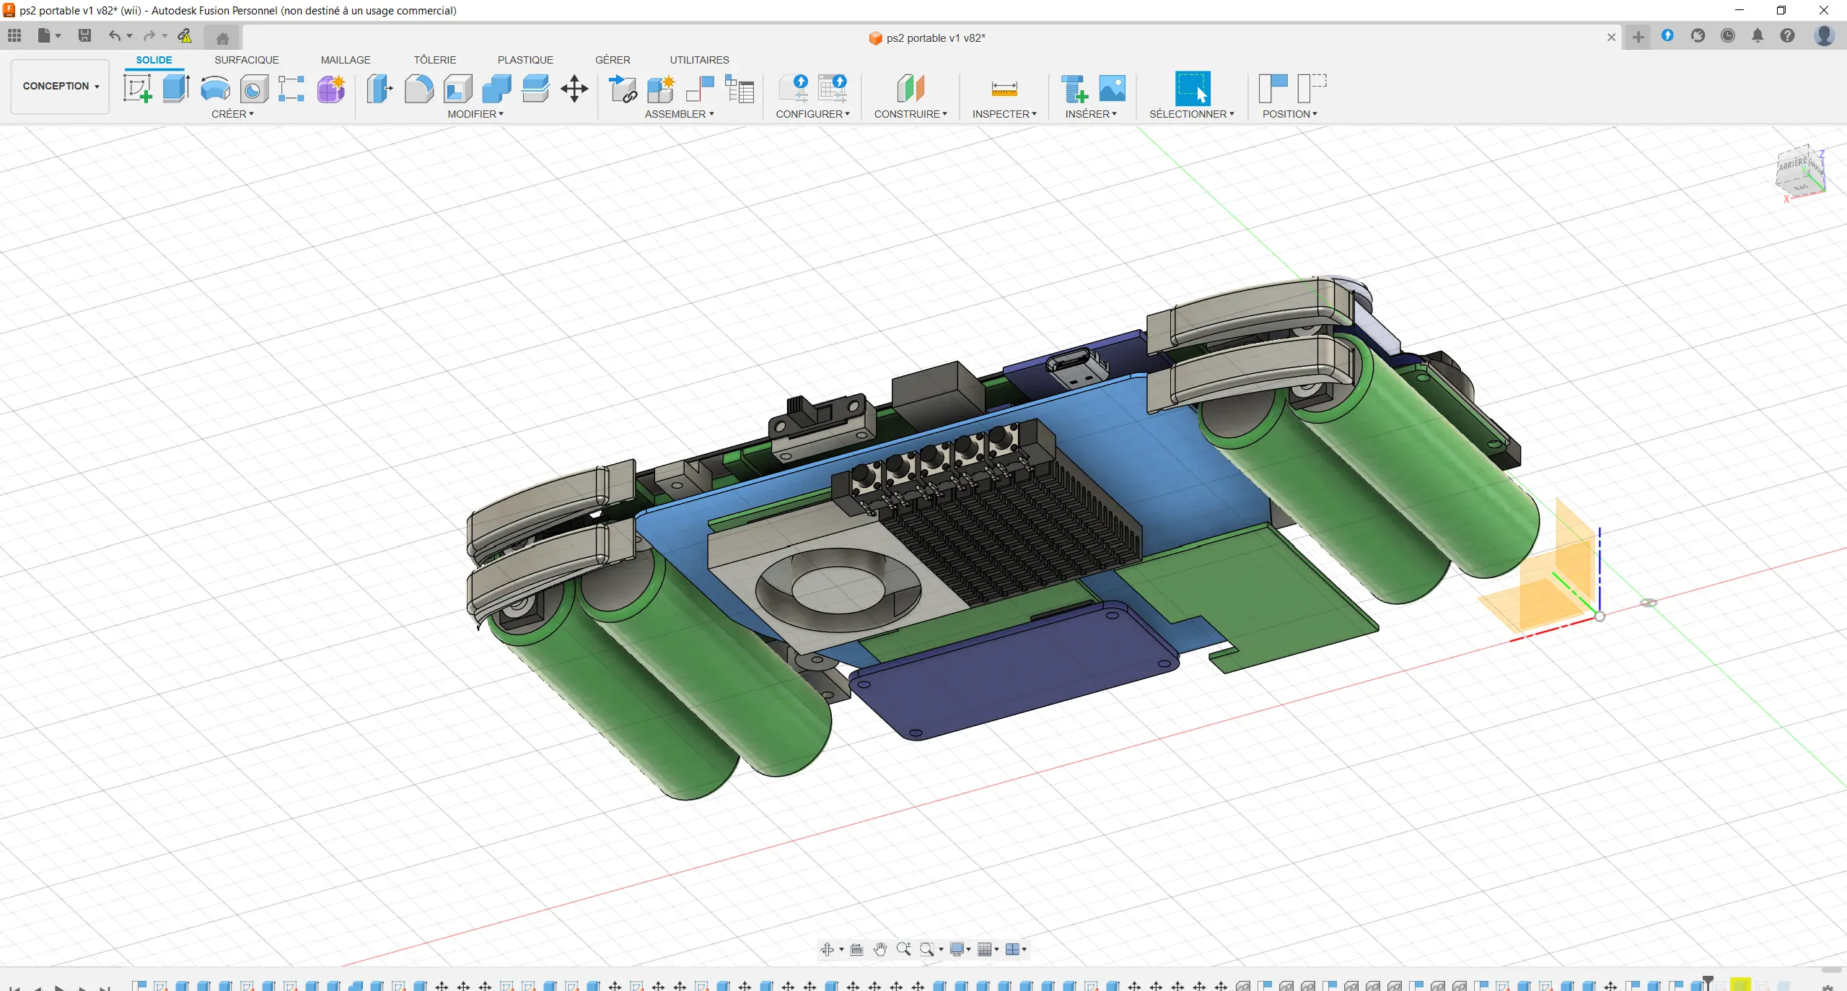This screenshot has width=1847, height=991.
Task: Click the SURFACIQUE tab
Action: (246, 60)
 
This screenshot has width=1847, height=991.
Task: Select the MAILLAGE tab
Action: (346, 60)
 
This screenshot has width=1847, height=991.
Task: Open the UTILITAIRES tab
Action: (699, 60)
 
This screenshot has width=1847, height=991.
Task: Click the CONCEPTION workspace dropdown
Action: (61, 86)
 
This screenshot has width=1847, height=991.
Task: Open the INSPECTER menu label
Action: (1004, 114)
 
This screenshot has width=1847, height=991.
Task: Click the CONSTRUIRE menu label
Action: (911, 114)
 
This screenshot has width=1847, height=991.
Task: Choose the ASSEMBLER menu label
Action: (679, 114)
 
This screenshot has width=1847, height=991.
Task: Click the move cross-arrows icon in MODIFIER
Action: (574, 89)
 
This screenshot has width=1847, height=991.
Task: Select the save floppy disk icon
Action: (84, 35)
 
